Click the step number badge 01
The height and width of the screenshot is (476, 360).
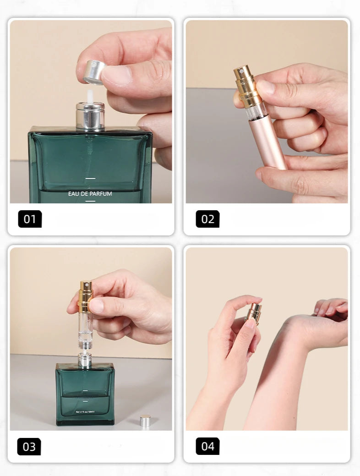[30, 219]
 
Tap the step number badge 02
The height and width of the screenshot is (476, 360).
[207, 219]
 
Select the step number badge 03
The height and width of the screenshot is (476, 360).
[29, 447]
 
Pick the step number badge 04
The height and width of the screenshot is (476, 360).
[207, 446]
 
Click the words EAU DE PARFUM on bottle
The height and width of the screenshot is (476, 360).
[90, 194]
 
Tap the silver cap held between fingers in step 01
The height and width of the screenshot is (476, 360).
[94, 72]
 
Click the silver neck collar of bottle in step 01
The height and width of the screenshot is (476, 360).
[90, 116]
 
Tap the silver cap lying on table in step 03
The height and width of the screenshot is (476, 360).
[145, 421]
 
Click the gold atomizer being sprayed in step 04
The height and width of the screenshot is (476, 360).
[253, 313]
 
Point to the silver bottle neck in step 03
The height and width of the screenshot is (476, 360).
[84, 360]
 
